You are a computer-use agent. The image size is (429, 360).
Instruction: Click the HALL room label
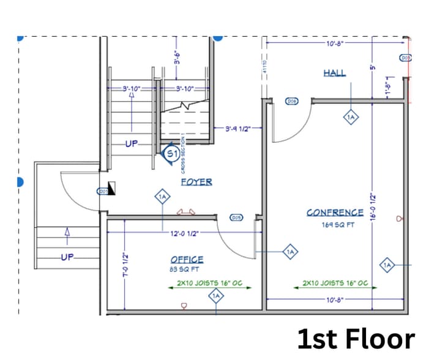pos(334,73)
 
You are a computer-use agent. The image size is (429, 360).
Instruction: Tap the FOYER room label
pos(196,182)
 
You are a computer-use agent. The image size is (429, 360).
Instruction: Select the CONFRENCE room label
pos(335,213)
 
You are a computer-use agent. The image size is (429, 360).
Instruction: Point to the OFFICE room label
pos(187,260)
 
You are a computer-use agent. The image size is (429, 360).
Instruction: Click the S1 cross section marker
pos(171,154)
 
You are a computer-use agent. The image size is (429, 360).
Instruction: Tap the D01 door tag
pos(103,191)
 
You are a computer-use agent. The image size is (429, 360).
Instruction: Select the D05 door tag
pos(236,217)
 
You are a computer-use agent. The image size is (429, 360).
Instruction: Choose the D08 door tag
pos(293,101)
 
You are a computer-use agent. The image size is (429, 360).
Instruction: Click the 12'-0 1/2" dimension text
pos(184,233)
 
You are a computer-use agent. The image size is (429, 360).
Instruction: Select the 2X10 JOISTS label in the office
pos(209,283)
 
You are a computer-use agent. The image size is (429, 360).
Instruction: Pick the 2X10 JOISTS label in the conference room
pos(335,283)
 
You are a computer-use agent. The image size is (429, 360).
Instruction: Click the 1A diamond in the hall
pos(351,116)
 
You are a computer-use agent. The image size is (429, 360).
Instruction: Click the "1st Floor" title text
pos(356,339)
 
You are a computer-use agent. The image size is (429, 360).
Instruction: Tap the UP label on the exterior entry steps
pos(67,257)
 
